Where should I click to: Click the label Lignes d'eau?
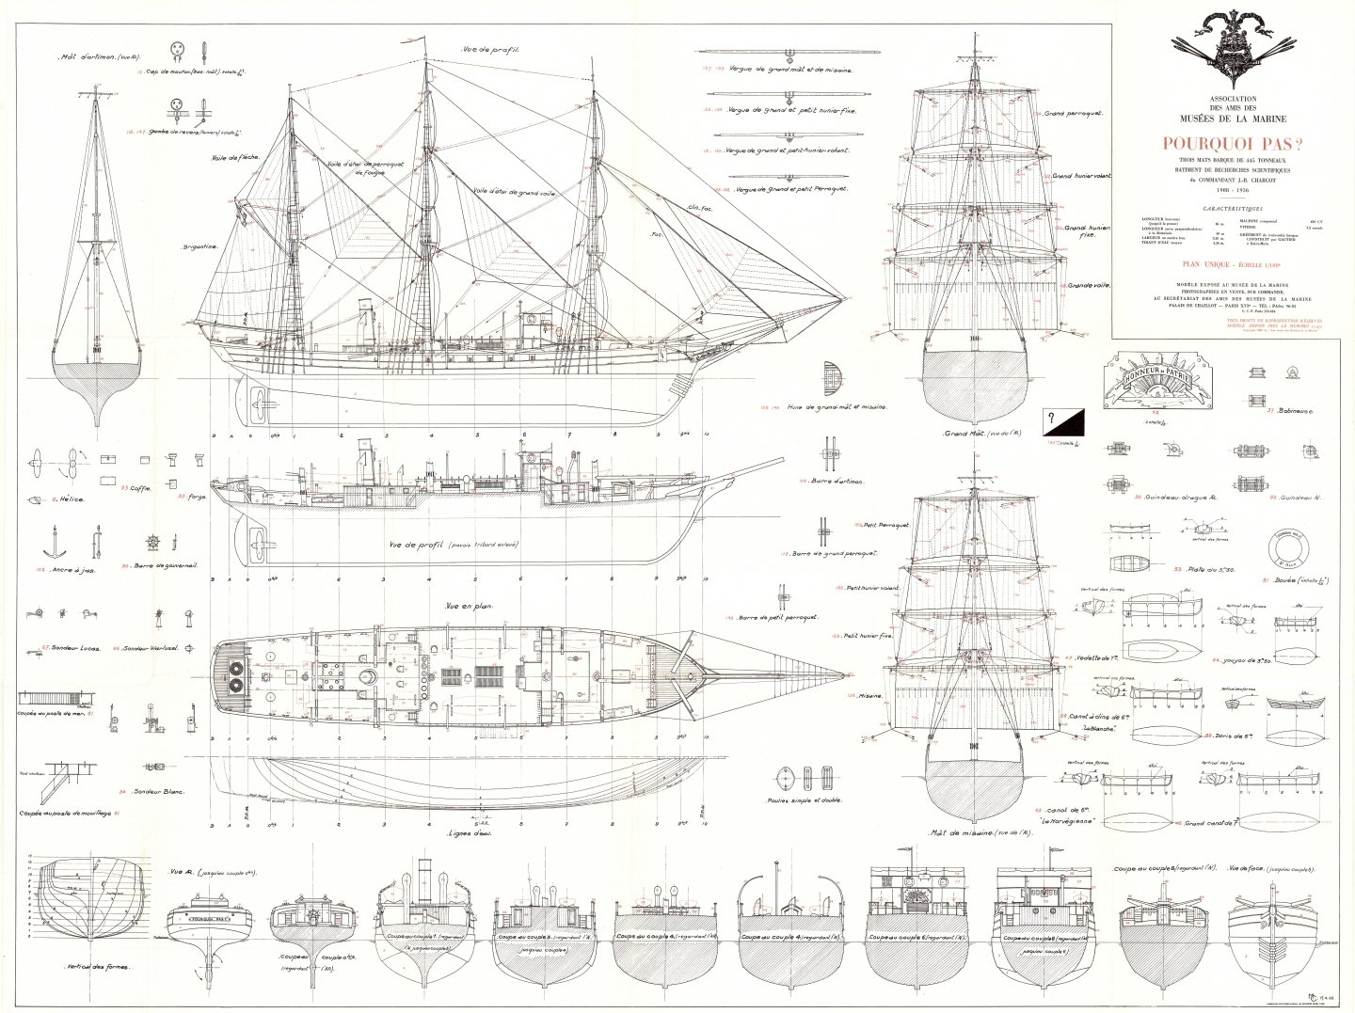tap(471, 832)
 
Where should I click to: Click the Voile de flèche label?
tap(235, 157)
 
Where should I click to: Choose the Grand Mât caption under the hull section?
tap(972, 434)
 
